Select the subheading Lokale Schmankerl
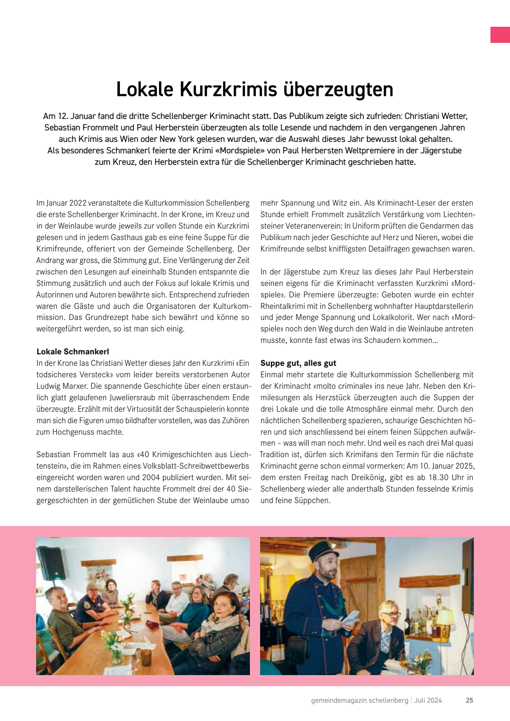pos(73,352)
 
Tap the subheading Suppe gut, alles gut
pos(298,363)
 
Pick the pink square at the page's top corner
pos(500,35)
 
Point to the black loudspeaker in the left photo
pos(51,562)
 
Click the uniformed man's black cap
pos(322,551)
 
